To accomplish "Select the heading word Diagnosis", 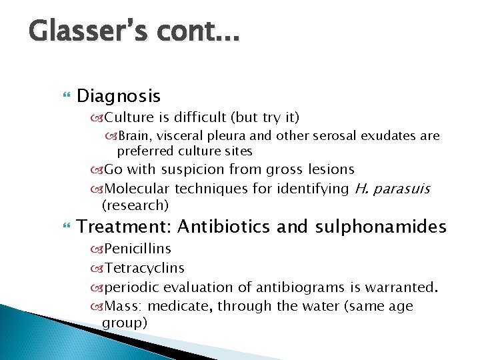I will point(119,97).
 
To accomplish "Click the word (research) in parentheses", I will point(135,204).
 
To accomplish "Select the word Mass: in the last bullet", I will point(123,306).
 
